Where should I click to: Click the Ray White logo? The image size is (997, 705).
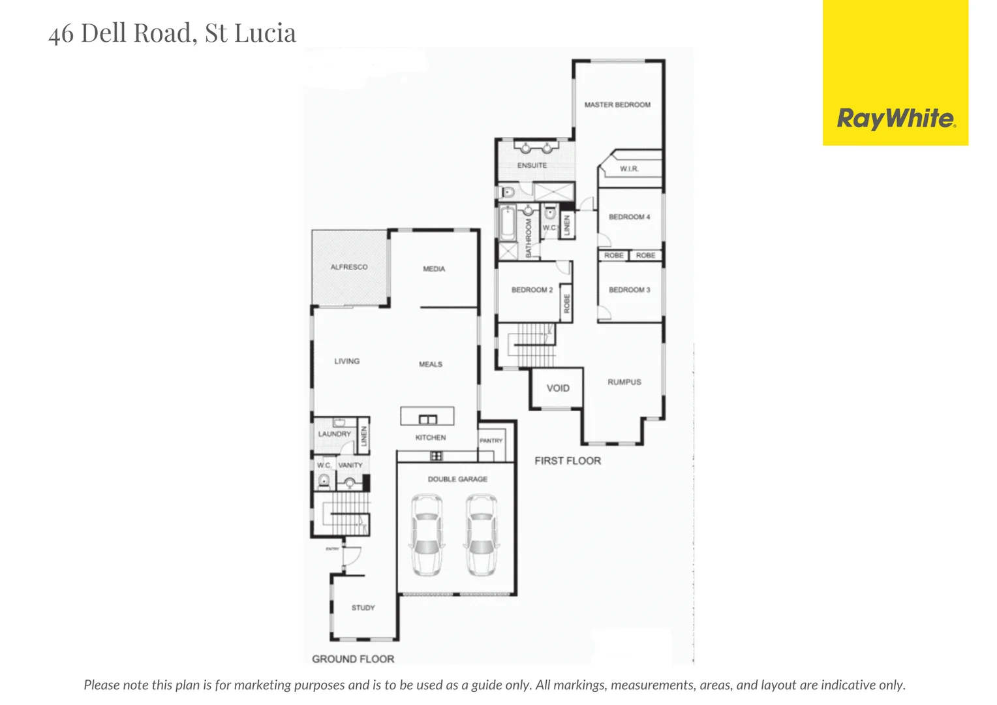pos(895,119)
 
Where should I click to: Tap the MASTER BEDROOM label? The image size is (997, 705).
pos(617,104)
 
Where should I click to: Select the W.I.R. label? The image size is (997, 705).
pos(629,169)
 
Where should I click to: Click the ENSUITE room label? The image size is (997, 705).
pos(532,166)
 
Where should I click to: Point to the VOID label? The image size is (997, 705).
pos(558,388)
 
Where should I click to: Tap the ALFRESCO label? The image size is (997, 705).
pos(349,267)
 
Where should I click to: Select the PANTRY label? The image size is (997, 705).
pos(491,441)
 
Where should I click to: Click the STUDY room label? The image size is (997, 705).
pos(363,608)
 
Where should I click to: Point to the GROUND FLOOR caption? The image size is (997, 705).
pos(353,659)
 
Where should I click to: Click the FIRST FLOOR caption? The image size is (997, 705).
pos(568,461)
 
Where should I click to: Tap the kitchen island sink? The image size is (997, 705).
pos(427,419)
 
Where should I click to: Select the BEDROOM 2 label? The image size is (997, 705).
pos(532,290)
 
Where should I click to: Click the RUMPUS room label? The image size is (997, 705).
pos(624,383)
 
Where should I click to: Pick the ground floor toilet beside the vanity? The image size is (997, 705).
pos(324,482)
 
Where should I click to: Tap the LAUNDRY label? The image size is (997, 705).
pos(335,434)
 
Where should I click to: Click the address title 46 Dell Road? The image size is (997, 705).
pos(172,33)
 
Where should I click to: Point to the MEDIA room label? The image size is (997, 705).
pos(434,269)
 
